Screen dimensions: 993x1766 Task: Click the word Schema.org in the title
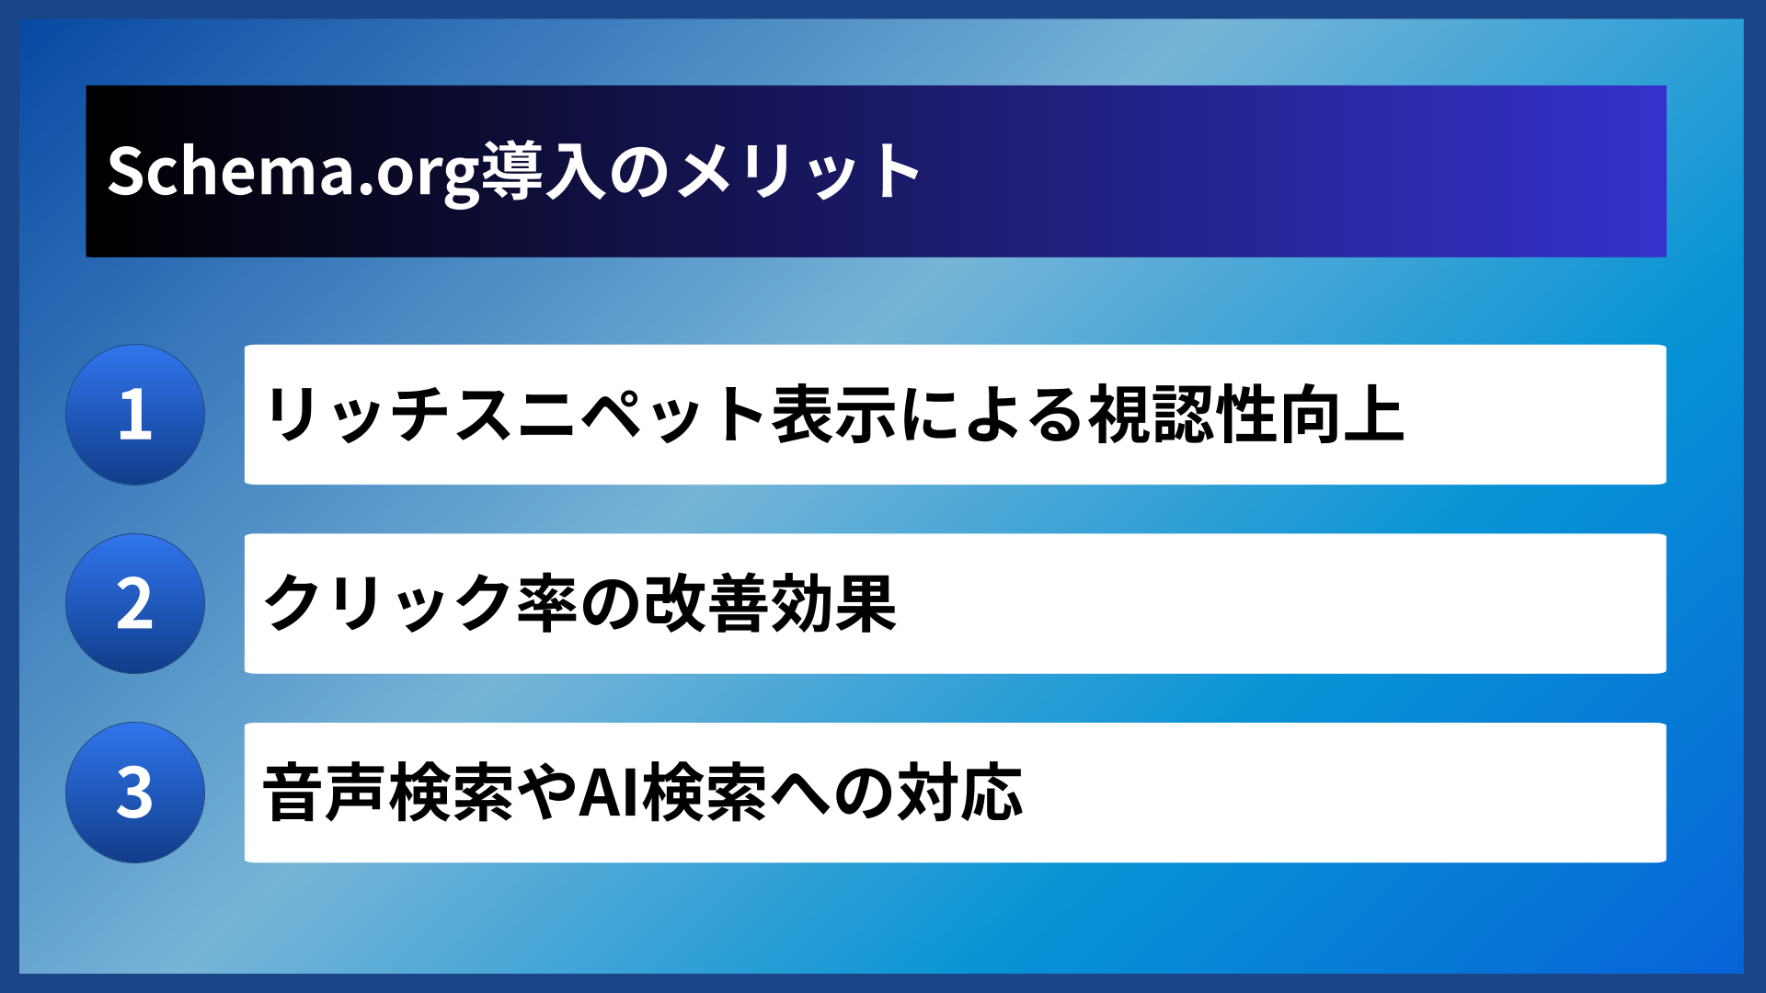point(292,172)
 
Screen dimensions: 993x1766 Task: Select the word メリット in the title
point(798,172)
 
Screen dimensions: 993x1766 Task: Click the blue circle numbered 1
point(135,415)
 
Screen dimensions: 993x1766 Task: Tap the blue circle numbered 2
point(135,604)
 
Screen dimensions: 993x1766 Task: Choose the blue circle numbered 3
point(135,793)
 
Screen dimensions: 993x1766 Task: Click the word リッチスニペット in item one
point(515,415)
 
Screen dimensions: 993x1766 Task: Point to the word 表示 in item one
point(833,415)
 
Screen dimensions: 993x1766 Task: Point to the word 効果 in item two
point(833,604)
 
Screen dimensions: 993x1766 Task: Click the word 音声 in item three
point(324,793)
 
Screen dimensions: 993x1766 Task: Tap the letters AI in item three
point(609,793)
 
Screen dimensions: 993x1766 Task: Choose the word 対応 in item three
point(959,793)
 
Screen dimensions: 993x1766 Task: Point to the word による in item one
point(993,415)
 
